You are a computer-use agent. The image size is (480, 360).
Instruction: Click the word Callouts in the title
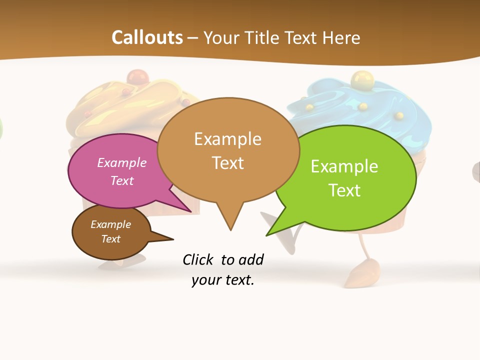point(147,38)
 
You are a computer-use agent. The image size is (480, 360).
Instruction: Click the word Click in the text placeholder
point(199,260)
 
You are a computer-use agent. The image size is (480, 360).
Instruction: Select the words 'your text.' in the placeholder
point(223,280)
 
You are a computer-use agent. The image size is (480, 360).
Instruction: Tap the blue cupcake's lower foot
point(359,275)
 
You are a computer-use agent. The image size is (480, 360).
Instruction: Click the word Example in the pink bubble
point(121,163)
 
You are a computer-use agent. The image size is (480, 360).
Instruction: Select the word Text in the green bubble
point(344,190)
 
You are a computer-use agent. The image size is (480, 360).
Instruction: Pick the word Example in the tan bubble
point(227,139)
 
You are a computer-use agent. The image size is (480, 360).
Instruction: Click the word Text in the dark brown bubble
point(111,239)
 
